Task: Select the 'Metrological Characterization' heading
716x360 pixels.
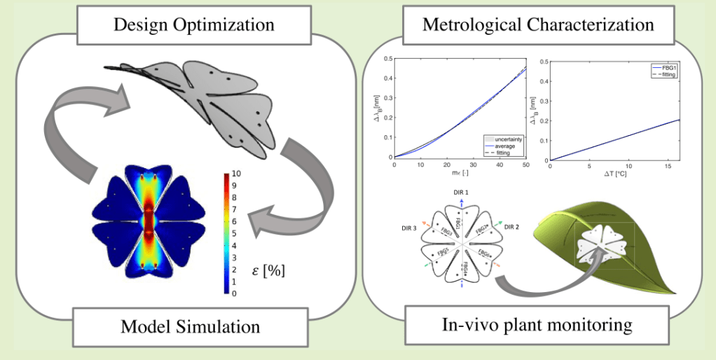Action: pos(538,26)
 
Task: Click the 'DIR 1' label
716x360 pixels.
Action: pos(460,192)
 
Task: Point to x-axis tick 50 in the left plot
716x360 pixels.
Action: pos(525,165)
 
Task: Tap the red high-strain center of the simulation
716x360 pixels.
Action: pos(148,224)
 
